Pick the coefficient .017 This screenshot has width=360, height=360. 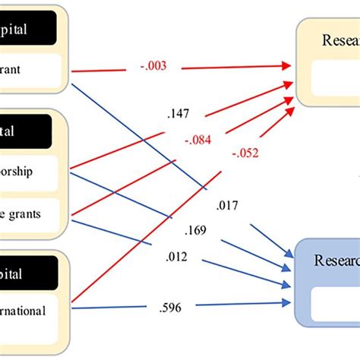click(228, 205)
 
